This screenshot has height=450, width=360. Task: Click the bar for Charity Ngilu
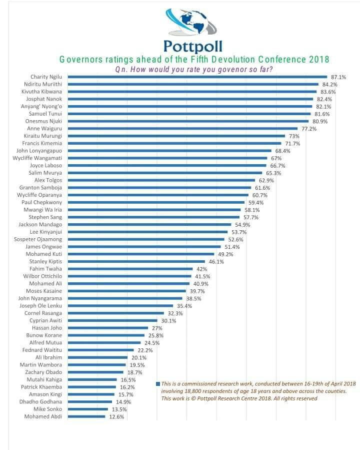197,77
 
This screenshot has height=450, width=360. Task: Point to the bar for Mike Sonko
88,409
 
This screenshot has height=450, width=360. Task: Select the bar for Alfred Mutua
104,343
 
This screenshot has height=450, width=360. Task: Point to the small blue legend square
158,384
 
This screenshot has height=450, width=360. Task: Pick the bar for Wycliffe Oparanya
157,195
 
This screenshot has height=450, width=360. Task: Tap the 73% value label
293,136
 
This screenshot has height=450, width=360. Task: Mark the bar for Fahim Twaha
130,269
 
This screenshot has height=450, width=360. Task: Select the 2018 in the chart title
319,60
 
